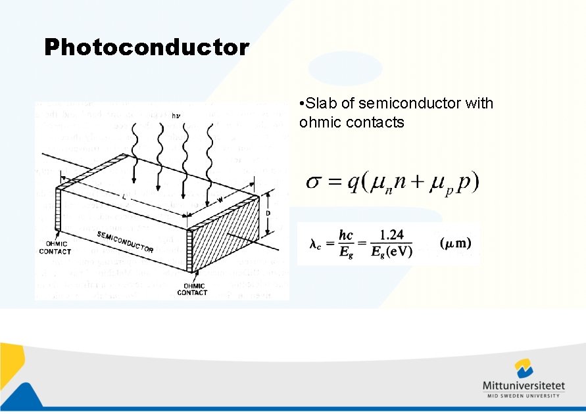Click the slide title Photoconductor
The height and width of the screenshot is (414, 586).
pos(147,47)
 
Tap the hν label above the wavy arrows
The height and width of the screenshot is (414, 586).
pos(176,116)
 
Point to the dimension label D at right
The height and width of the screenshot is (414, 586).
pos(268,214)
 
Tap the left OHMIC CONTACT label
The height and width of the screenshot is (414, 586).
pos(55,248)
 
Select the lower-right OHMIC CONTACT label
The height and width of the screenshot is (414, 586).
pos(192,289)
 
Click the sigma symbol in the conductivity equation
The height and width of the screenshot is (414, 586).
pos(314,182)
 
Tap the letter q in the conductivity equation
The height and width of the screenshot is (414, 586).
pos(353,183)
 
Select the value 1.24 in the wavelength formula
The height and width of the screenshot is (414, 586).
pos(391,235)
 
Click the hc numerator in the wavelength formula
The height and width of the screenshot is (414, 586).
pos(346,235)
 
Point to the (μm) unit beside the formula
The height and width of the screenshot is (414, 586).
pos(455,243)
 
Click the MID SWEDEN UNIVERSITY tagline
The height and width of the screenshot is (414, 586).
pos(523,396)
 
